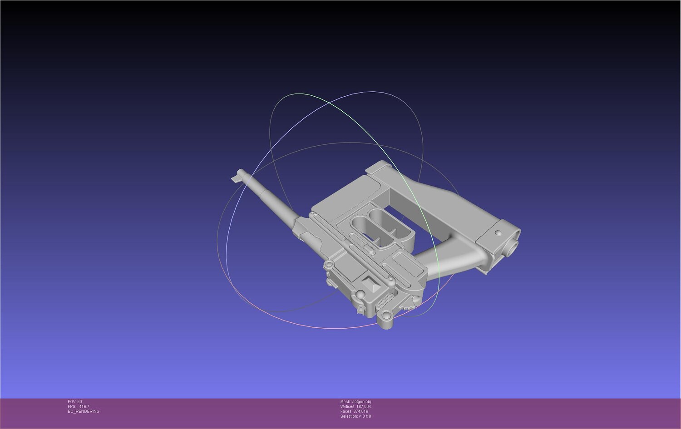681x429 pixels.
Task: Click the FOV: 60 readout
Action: (75, 402)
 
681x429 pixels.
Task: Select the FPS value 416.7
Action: (84, 406)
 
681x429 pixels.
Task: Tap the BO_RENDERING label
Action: (83, 411)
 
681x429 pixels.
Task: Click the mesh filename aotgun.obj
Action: (361, 402)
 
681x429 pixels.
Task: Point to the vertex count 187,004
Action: (364, 406)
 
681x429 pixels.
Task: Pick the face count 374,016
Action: (360, 411)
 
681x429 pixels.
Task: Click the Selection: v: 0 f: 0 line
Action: (355, 416)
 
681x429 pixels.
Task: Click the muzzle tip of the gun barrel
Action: (240, 172)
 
